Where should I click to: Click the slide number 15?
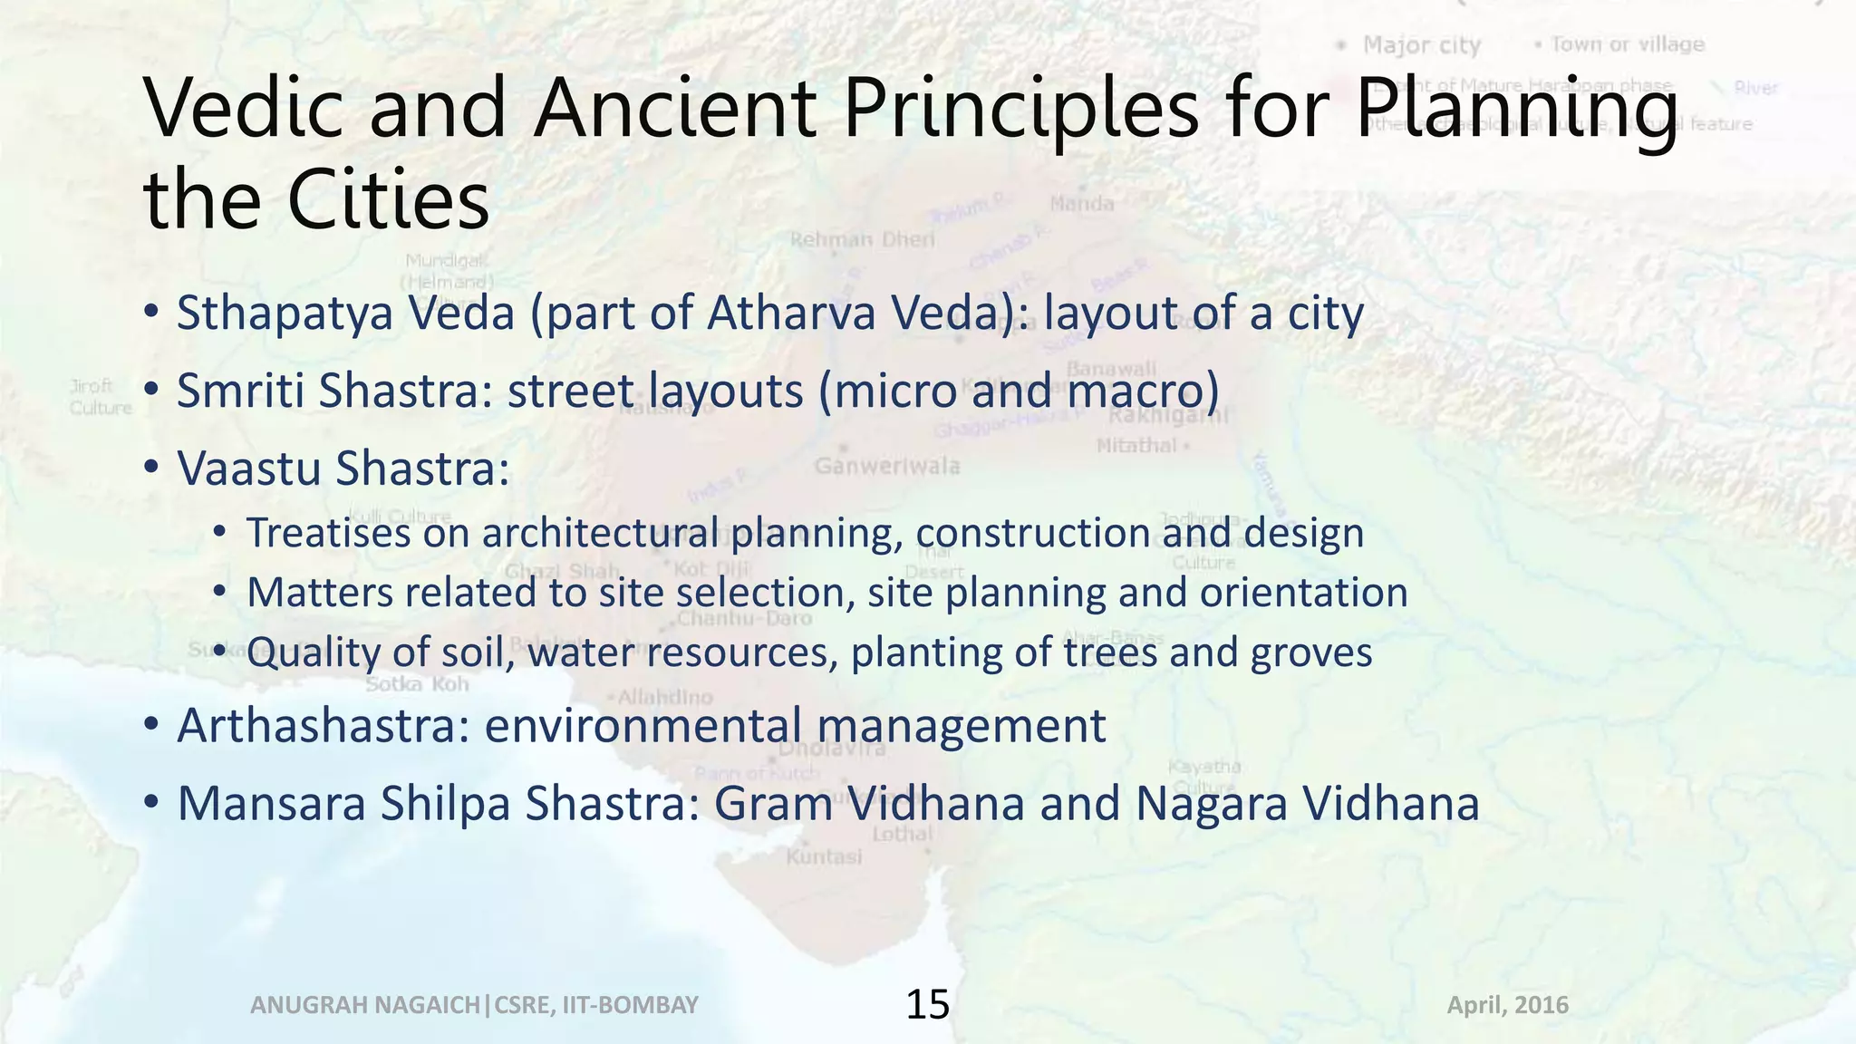[x=927, y=1005]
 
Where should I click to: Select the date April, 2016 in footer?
[x=1507, y=1005]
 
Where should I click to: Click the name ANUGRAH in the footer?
[x=304, y=1005]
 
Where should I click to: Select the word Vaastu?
[x=247, y=469]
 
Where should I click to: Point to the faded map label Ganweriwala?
[x=887, y=467]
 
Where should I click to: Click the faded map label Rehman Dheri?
[x=862, y=240]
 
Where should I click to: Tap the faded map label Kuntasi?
[x=823, y=856]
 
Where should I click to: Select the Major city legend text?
[x=1421, y=45]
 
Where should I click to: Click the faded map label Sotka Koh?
[x=417, y=684]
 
